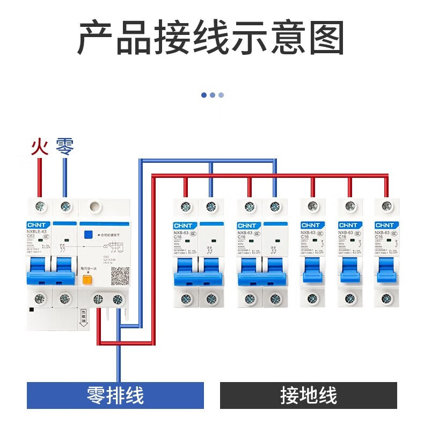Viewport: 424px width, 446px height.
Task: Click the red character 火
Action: pyautogui.click(x=39, y=147)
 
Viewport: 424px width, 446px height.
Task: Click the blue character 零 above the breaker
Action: pyautogui.click(x=64, y=147)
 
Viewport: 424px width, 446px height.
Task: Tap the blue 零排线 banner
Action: pyautogui.click(x=115, y=396)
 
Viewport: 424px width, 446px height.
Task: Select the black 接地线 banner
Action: pyautogui.click(x=309, y=396)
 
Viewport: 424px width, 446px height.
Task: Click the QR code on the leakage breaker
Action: pyautogui.click(x=120, y=276)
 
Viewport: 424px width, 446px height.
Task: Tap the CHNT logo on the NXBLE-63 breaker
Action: pyautogui.click(x=38, y=225)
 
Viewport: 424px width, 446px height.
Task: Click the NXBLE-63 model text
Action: pyautogui.click(x=39, y=232)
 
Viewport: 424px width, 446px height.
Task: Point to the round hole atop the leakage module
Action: pyautogui.click(x=95, y=206)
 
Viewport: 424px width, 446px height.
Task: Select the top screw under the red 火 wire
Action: pyautogui.click(x=39, y=206)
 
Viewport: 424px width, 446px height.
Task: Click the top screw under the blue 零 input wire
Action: pyautogui.click(x=65, y=206)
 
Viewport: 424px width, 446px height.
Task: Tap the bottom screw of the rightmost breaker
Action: pyautogui.click(x=386, y=299)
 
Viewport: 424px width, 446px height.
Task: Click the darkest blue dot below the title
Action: pyautogui.click(x=204, y=95)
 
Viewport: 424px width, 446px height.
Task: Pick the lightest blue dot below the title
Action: pyautogui.click(x=221, y=95)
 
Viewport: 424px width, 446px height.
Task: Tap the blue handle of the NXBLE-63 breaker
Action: pyautogui.click(x=52, y=272)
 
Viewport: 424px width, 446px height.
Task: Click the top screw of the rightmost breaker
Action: pyautogui.click(x=386, y=206)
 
